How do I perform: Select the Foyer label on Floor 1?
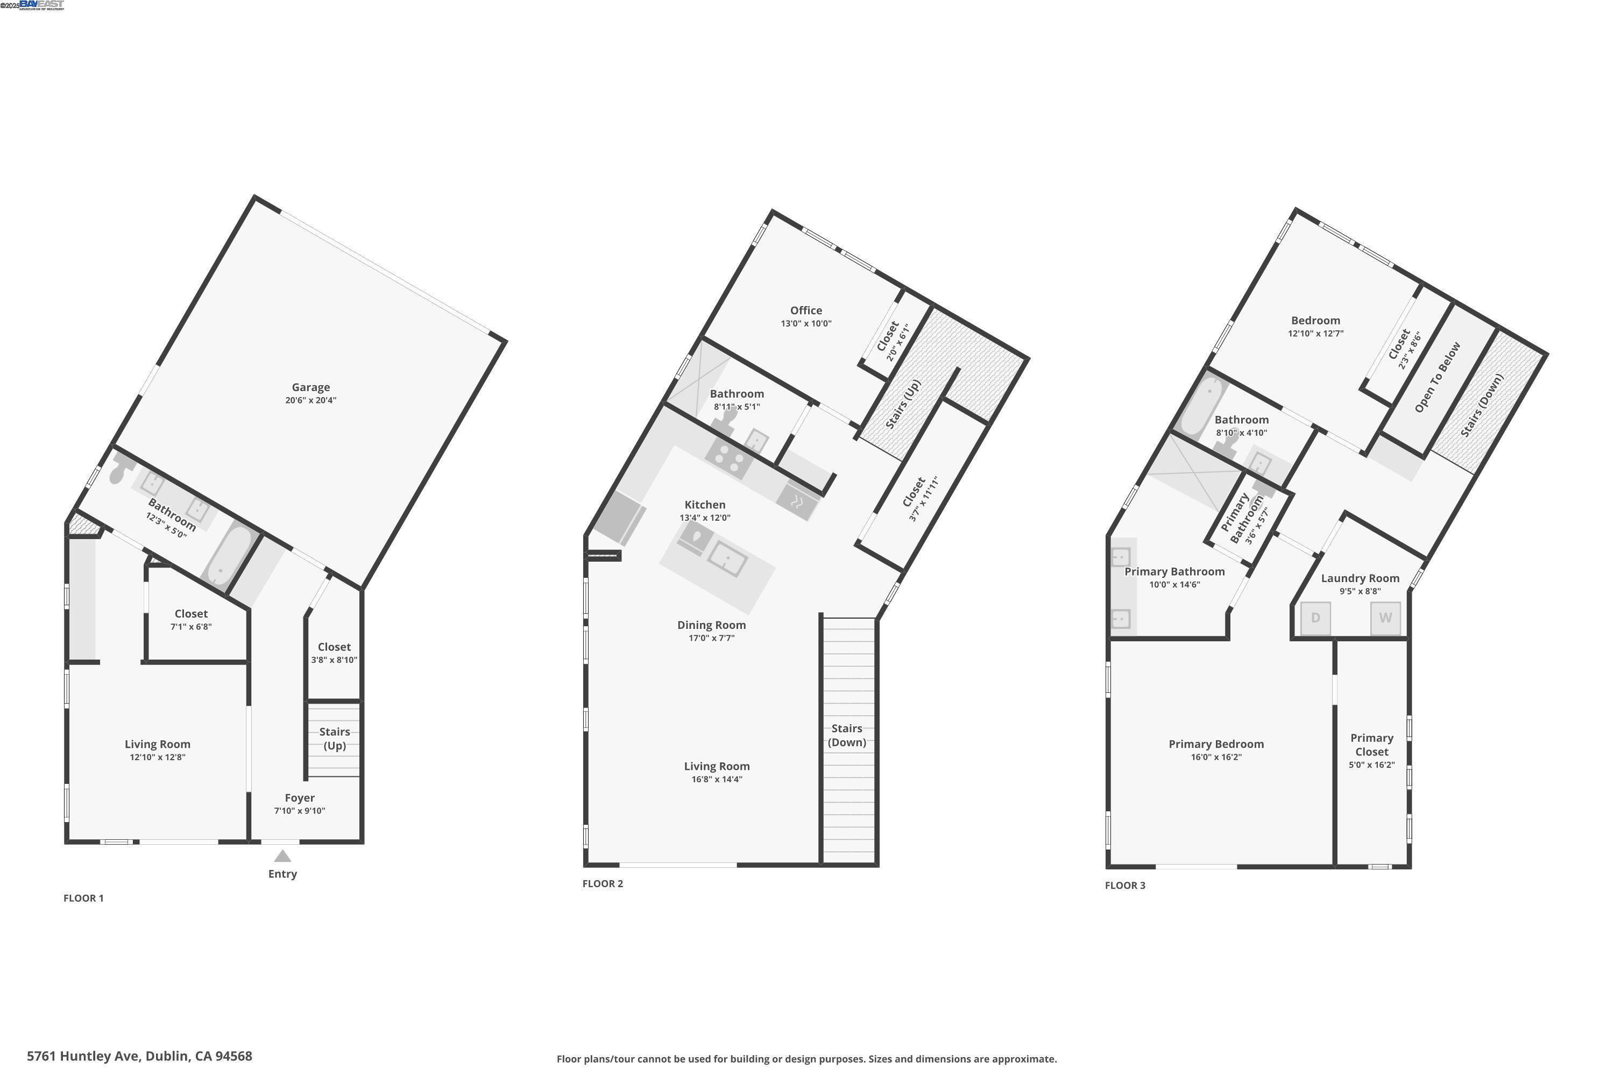[x=300, y=798]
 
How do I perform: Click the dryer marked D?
[x=1315, y=618]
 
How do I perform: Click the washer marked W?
[x=1385, y=618]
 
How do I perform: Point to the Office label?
[x=805, y=311]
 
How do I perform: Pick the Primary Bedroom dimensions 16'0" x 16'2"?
[x=1216, y=758]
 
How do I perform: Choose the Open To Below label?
[x=1438, y=378]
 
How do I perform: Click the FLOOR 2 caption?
[x=603, y=884]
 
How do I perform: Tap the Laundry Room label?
[x=1360, y=578]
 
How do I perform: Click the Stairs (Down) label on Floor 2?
[x=847, y=735]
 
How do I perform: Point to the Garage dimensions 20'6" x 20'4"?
[x=311, y=401]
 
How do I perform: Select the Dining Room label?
[x=711, y=625]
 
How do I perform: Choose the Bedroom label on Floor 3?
[x=1315, y=321]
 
